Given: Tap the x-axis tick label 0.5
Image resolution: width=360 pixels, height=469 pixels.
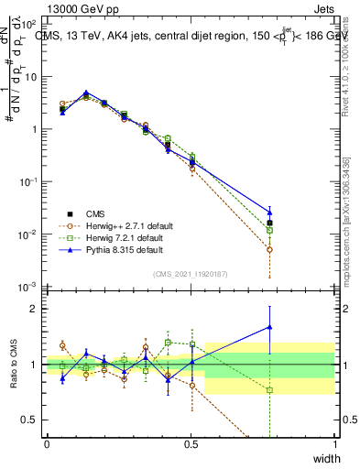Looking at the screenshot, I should pos(191,444).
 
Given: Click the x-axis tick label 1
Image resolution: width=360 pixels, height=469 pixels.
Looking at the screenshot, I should pos(334,444).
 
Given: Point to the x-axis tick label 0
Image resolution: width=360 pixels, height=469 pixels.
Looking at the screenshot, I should pos(48,444).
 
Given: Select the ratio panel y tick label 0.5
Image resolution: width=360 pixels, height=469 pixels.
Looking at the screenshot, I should pos(30,420).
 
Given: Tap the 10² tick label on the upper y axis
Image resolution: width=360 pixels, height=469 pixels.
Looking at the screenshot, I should pos(30,24).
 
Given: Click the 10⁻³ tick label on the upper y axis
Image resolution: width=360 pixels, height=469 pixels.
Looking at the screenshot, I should pos(30,288).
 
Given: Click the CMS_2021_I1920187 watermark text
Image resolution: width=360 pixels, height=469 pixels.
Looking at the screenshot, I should pos(190,273).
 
